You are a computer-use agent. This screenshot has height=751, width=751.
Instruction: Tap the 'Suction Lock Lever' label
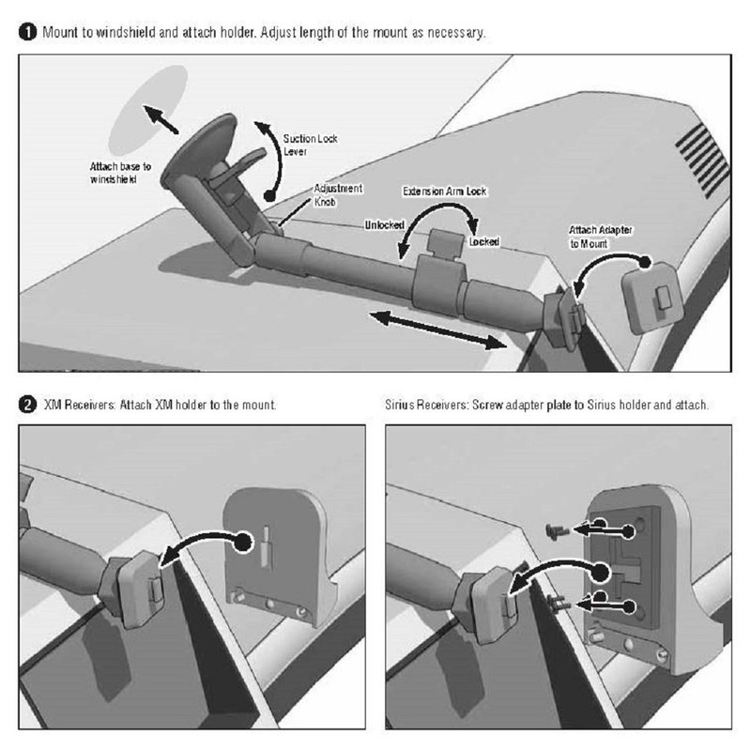[311, 145]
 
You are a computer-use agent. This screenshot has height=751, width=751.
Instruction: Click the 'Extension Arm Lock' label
[444, 192]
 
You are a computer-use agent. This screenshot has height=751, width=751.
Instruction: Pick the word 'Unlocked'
[385, 224]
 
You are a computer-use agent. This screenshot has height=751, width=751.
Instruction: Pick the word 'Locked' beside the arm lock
[484, 241]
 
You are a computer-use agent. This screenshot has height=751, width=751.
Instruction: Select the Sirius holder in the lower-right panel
[648, 573]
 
